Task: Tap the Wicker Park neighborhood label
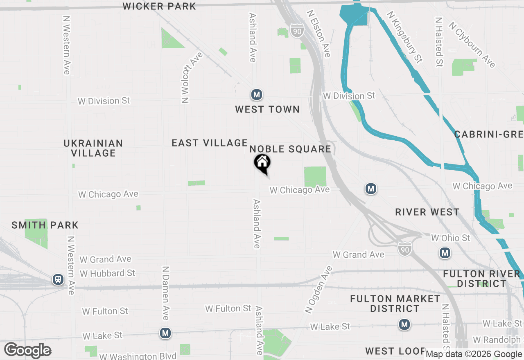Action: coord(159,6)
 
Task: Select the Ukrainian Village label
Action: coord(93,148)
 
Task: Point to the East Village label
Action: coord(210,143)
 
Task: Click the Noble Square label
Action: coord(290,149)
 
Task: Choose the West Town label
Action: coord(267,109)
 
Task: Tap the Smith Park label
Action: coord(45,225)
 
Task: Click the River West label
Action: coord(427,212)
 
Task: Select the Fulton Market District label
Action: coord(395,304)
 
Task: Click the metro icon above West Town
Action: coord(257,95)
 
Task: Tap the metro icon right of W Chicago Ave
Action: coord(371,189)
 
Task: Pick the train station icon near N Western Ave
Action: coord(58,280)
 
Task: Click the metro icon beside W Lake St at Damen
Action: coord(165,333)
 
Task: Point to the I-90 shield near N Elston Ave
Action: coord(297,31)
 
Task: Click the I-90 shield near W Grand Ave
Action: coord(404,248)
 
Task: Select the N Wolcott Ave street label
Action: coord(187,78)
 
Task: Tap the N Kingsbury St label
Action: coord(405,37)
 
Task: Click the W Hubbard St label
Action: coord(107,273)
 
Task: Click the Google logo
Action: coord(27,351)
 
